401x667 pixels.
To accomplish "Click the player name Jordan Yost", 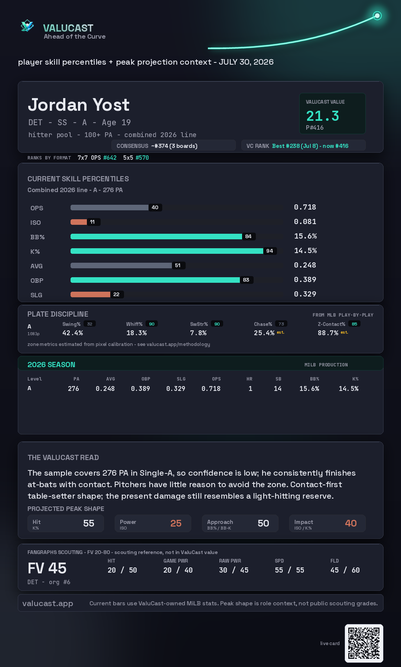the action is (79, 105).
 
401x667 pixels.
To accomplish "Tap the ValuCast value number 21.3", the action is (323, 116).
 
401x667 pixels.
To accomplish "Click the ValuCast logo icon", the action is (27, 26).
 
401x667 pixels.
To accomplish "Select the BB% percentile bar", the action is (156, 236).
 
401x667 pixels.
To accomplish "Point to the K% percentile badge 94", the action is (270, 251).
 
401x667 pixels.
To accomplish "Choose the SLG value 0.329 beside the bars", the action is (305, 294).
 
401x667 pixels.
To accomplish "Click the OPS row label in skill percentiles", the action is (37, 208).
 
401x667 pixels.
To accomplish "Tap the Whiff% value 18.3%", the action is (137, 333).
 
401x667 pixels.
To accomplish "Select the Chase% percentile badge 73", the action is (281, 324).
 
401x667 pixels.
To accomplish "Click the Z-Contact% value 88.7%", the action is (328, 333).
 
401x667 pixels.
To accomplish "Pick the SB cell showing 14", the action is (278, 389).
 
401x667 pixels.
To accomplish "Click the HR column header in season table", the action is (250, 379).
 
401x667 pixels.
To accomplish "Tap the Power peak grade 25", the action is (176, 523).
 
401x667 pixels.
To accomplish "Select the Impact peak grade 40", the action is (351, 523).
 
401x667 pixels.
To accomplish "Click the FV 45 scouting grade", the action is (47, 568).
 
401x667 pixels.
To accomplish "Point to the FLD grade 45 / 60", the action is (345, 570).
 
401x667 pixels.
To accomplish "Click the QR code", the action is (364, 643).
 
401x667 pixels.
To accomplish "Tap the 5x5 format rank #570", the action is (142, 158).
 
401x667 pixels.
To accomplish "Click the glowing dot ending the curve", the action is (377, 16).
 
